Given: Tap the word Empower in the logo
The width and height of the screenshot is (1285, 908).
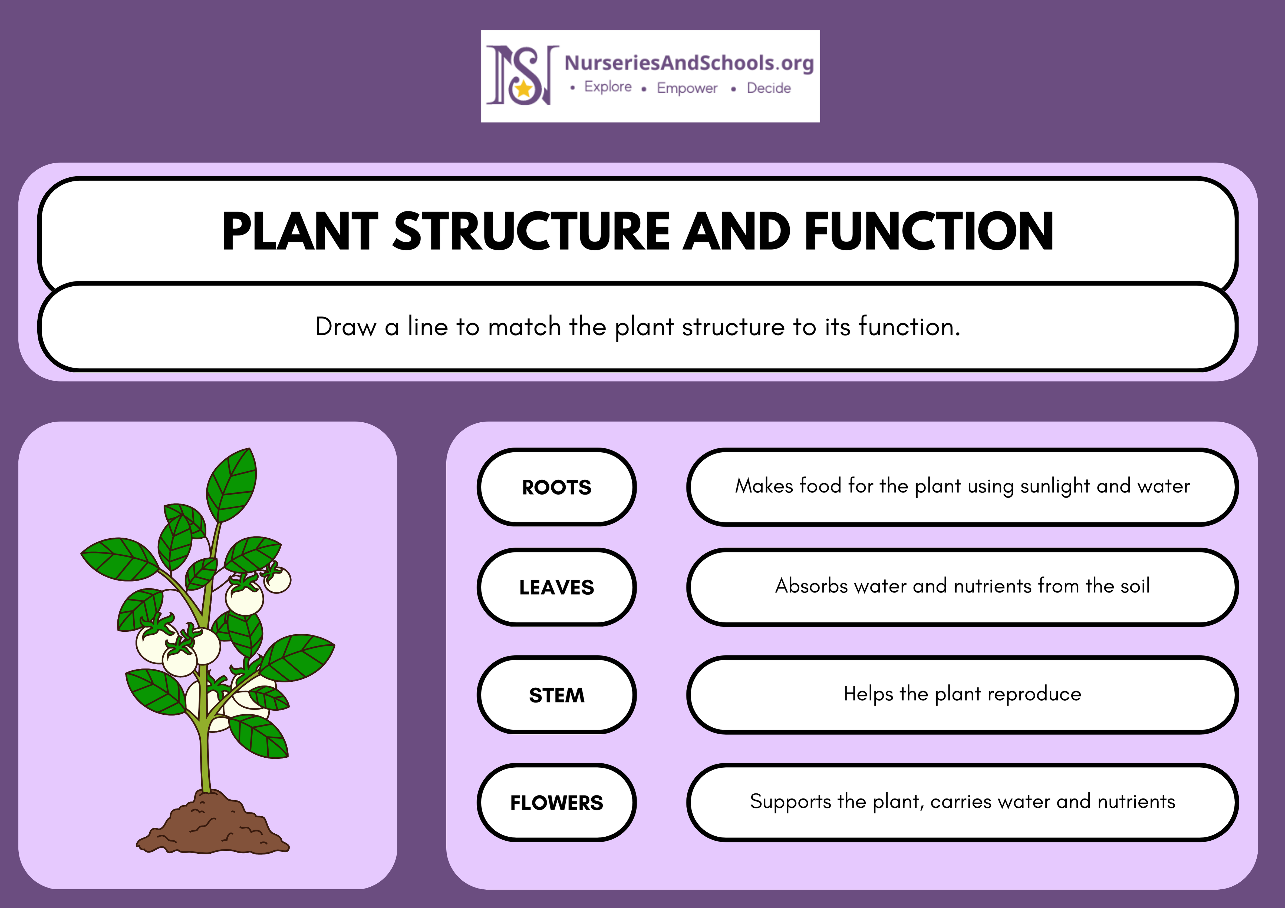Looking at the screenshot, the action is pyautogui.click(x=687, y=88).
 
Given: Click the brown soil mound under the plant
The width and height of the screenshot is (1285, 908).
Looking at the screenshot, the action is pyautogui.click(x=213, y=822).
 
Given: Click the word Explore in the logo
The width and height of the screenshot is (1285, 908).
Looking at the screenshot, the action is pyautogui.click(x=608, y=87).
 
